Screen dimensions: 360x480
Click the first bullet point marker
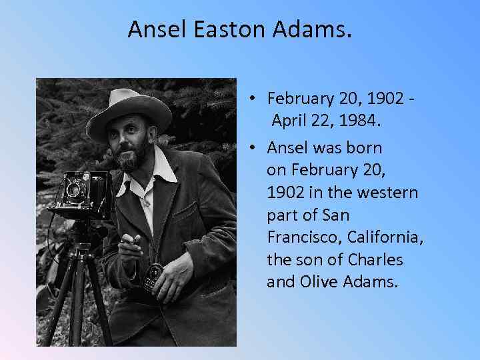[x=255, y=99]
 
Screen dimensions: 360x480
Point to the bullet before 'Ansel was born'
[x=255, y=147]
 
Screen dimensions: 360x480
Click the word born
[x=366, y=147]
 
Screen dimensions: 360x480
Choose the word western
[x=389, y=192]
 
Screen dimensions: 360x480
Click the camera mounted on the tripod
[x=80, y=193]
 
